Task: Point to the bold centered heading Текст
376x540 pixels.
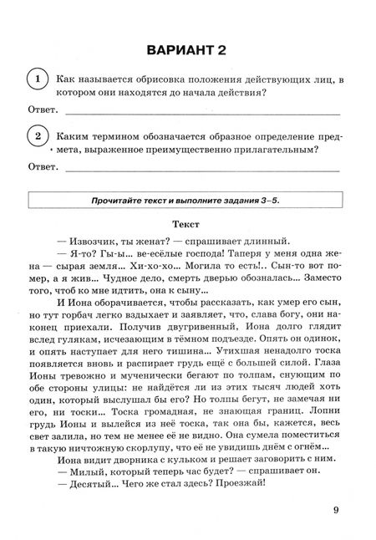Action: [187, 226]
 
